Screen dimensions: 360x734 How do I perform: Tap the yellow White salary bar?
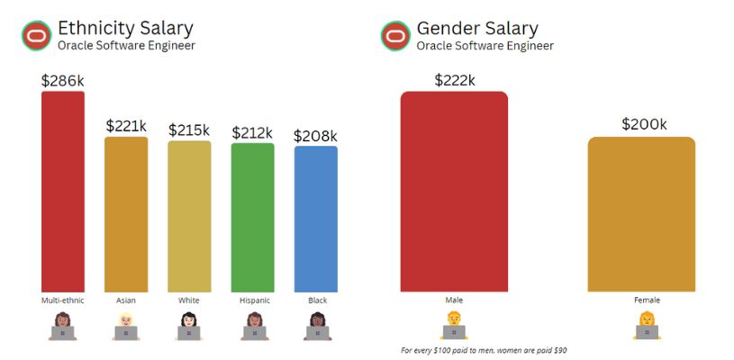[189, 216]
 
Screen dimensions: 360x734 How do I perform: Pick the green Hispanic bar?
[252, 217]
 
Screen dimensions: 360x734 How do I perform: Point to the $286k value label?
[63, 80]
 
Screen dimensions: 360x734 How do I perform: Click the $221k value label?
[126, 126]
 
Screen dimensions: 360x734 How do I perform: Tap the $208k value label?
[315, 136]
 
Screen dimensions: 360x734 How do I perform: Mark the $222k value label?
[454, 80]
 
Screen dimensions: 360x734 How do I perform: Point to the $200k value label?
[644, 124]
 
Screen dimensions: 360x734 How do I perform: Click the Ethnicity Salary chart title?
[125, 27]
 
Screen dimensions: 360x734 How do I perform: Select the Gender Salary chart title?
[477, 27]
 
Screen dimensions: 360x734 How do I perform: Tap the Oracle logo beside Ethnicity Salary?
[36, 36]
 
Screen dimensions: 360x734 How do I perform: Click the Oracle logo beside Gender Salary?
[394, 36]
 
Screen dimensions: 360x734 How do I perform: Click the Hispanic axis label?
[252, 300]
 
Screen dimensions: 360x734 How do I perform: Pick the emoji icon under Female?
[647, 326]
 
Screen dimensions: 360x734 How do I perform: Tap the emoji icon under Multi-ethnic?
[63, 326]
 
